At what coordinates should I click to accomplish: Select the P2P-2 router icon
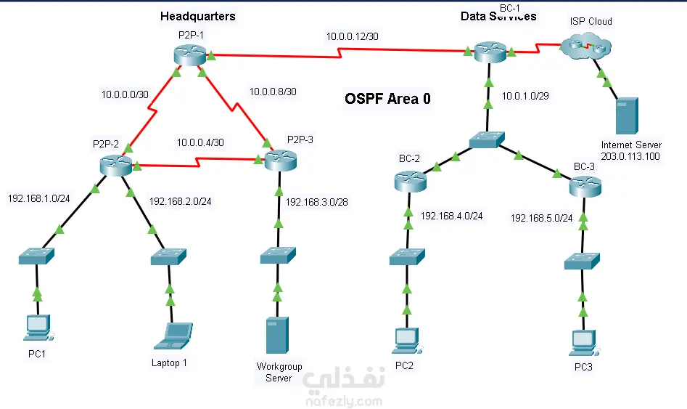(115, 165)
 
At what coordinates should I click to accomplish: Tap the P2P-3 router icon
(281, 160)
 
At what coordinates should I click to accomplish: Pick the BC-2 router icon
(410, 181)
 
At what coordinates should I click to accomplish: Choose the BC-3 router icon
(585, 186)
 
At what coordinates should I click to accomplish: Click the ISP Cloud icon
(585, 46)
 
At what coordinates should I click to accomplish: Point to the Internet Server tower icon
(627, 116)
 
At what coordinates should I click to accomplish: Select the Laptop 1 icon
(173, 336)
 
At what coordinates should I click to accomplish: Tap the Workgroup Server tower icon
(277, 336)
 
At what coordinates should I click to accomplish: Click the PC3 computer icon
(585, 343)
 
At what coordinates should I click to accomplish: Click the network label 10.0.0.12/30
(353, 36)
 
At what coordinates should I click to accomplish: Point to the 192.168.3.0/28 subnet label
(317, 202)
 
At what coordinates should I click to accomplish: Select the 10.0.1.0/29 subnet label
(525, 96)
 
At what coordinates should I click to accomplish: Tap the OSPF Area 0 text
(387, 99)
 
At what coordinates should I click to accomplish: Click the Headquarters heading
(198, 16)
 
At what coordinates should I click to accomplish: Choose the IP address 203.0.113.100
(630, 156)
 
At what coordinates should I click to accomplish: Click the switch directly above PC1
(36, 256)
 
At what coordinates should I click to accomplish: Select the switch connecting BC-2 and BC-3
(487, 139)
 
